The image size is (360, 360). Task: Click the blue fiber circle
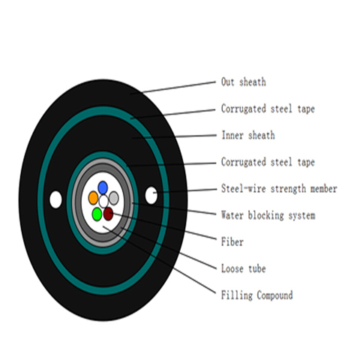(x=103, y=187)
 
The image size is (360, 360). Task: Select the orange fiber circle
(x=93, y=198)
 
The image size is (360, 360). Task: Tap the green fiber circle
(x=97, y=214)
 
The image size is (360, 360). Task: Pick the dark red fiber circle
(x=108, y=214)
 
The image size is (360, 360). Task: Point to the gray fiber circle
(x=114, y=198)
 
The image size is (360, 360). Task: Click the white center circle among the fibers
(x=103, y=201)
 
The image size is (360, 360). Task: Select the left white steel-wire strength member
(x=55, y=199)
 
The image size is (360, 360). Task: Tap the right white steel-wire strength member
(x=151, y=195)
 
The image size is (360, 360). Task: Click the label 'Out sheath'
(x=244, y=82)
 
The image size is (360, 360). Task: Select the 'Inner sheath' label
(x=248, y=135)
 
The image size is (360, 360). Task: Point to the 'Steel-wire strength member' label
(x=279, y=189)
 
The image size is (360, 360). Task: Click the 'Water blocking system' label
(x=268, y=215)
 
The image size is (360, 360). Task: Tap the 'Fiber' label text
(x=232, y=242)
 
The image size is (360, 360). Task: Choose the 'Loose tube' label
(x=244, y=268)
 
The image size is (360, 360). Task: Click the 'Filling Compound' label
(x=257, y=295)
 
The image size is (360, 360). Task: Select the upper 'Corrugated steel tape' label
(x=268, y=109)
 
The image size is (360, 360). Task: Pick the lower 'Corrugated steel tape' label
(x=268, y=162)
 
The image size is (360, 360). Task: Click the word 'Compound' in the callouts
(x=274, y=295)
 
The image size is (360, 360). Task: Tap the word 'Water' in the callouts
(x=232, y=215)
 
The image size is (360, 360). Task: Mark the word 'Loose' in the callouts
(x=232, y=268)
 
